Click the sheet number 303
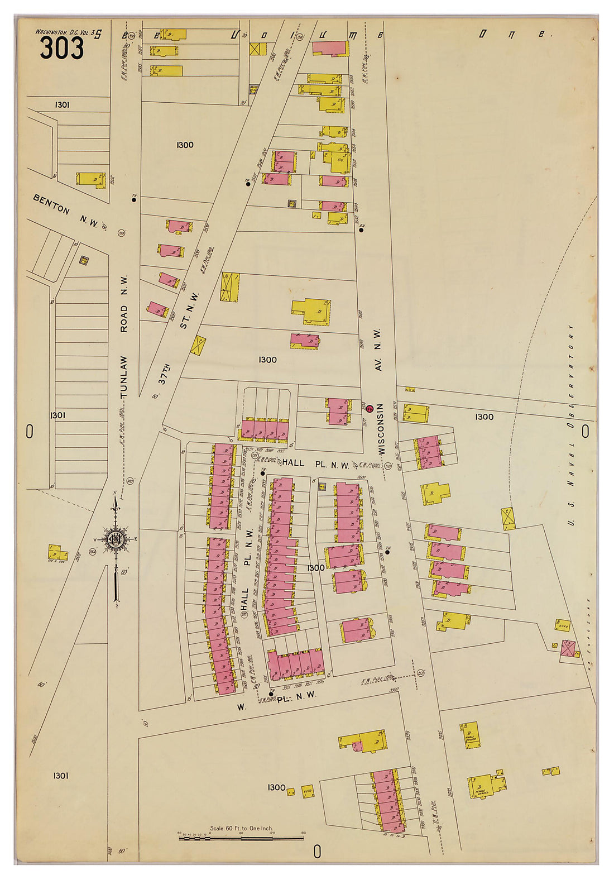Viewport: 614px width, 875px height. pyautogui.click(x=61, y=49)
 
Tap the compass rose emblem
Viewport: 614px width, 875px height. pyautogui.click(x=116, y=539)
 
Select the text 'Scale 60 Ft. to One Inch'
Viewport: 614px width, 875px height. pyautogui.click(x=241, y=828)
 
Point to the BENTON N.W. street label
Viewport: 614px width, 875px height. pyautogui.click(x=65, y=212)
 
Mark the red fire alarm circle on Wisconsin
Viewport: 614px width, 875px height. pyautogui.click(x=370, y=408)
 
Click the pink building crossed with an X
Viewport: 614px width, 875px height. pyautogui.click(x=568, y=648)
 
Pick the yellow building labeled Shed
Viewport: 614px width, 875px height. pyautogui.click(x=562, y=625)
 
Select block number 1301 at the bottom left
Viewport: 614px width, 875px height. pyautogui.click(x=61, y=775)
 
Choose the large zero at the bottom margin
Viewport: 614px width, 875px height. pyautogui.click(x=317, y=851)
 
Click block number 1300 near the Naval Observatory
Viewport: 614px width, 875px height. pyautogui.click(x=484, y=417)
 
